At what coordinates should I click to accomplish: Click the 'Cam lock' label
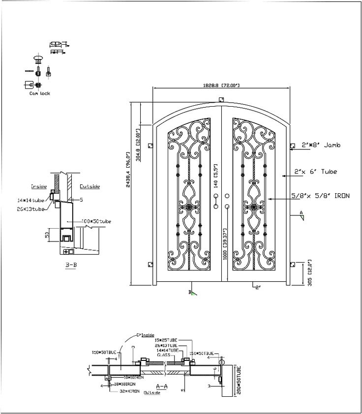(40, 93)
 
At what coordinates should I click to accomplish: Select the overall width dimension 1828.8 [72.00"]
(221, 86)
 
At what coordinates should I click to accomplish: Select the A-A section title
(161, 386)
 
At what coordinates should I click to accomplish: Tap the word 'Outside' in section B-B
(90, 187)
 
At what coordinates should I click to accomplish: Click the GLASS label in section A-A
(163, 355)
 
